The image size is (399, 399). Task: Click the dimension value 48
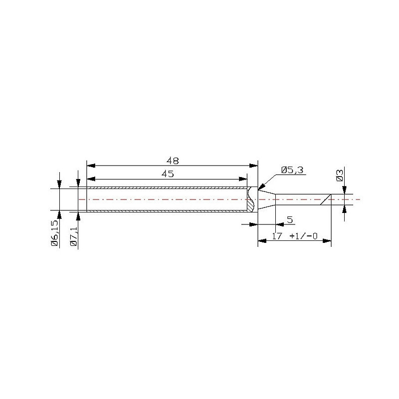tap(173, 161)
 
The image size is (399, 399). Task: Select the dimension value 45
tap(168, 174)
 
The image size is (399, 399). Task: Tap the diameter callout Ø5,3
tap(292, 170)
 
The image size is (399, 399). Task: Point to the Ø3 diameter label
tap(340, 176)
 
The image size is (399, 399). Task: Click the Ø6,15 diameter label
tap(55, 233)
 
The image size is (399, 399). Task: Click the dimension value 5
tap(290, 219)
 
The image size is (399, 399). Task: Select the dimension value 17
tap(277, 236)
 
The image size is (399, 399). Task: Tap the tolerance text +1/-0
tap(304, 236)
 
